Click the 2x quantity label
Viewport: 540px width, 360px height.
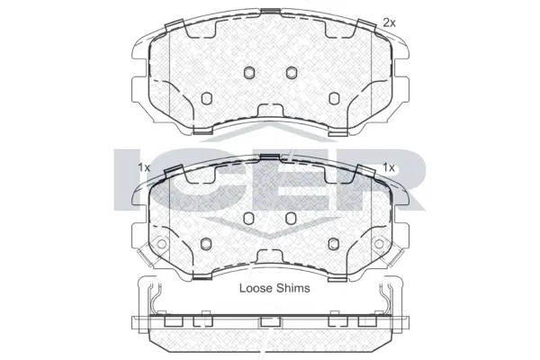coord(389,21)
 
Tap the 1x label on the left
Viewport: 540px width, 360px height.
coord(144,167)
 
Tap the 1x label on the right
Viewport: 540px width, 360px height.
coord(389,167)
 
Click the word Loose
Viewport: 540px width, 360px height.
coord(256,288)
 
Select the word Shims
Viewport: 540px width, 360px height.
coord(293,288)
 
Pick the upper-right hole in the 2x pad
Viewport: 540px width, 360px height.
coord(290,73)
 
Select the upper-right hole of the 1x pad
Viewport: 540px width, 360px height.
coord(290,218)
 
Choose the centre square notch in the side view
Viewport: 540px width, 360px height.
coord(267,322)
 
